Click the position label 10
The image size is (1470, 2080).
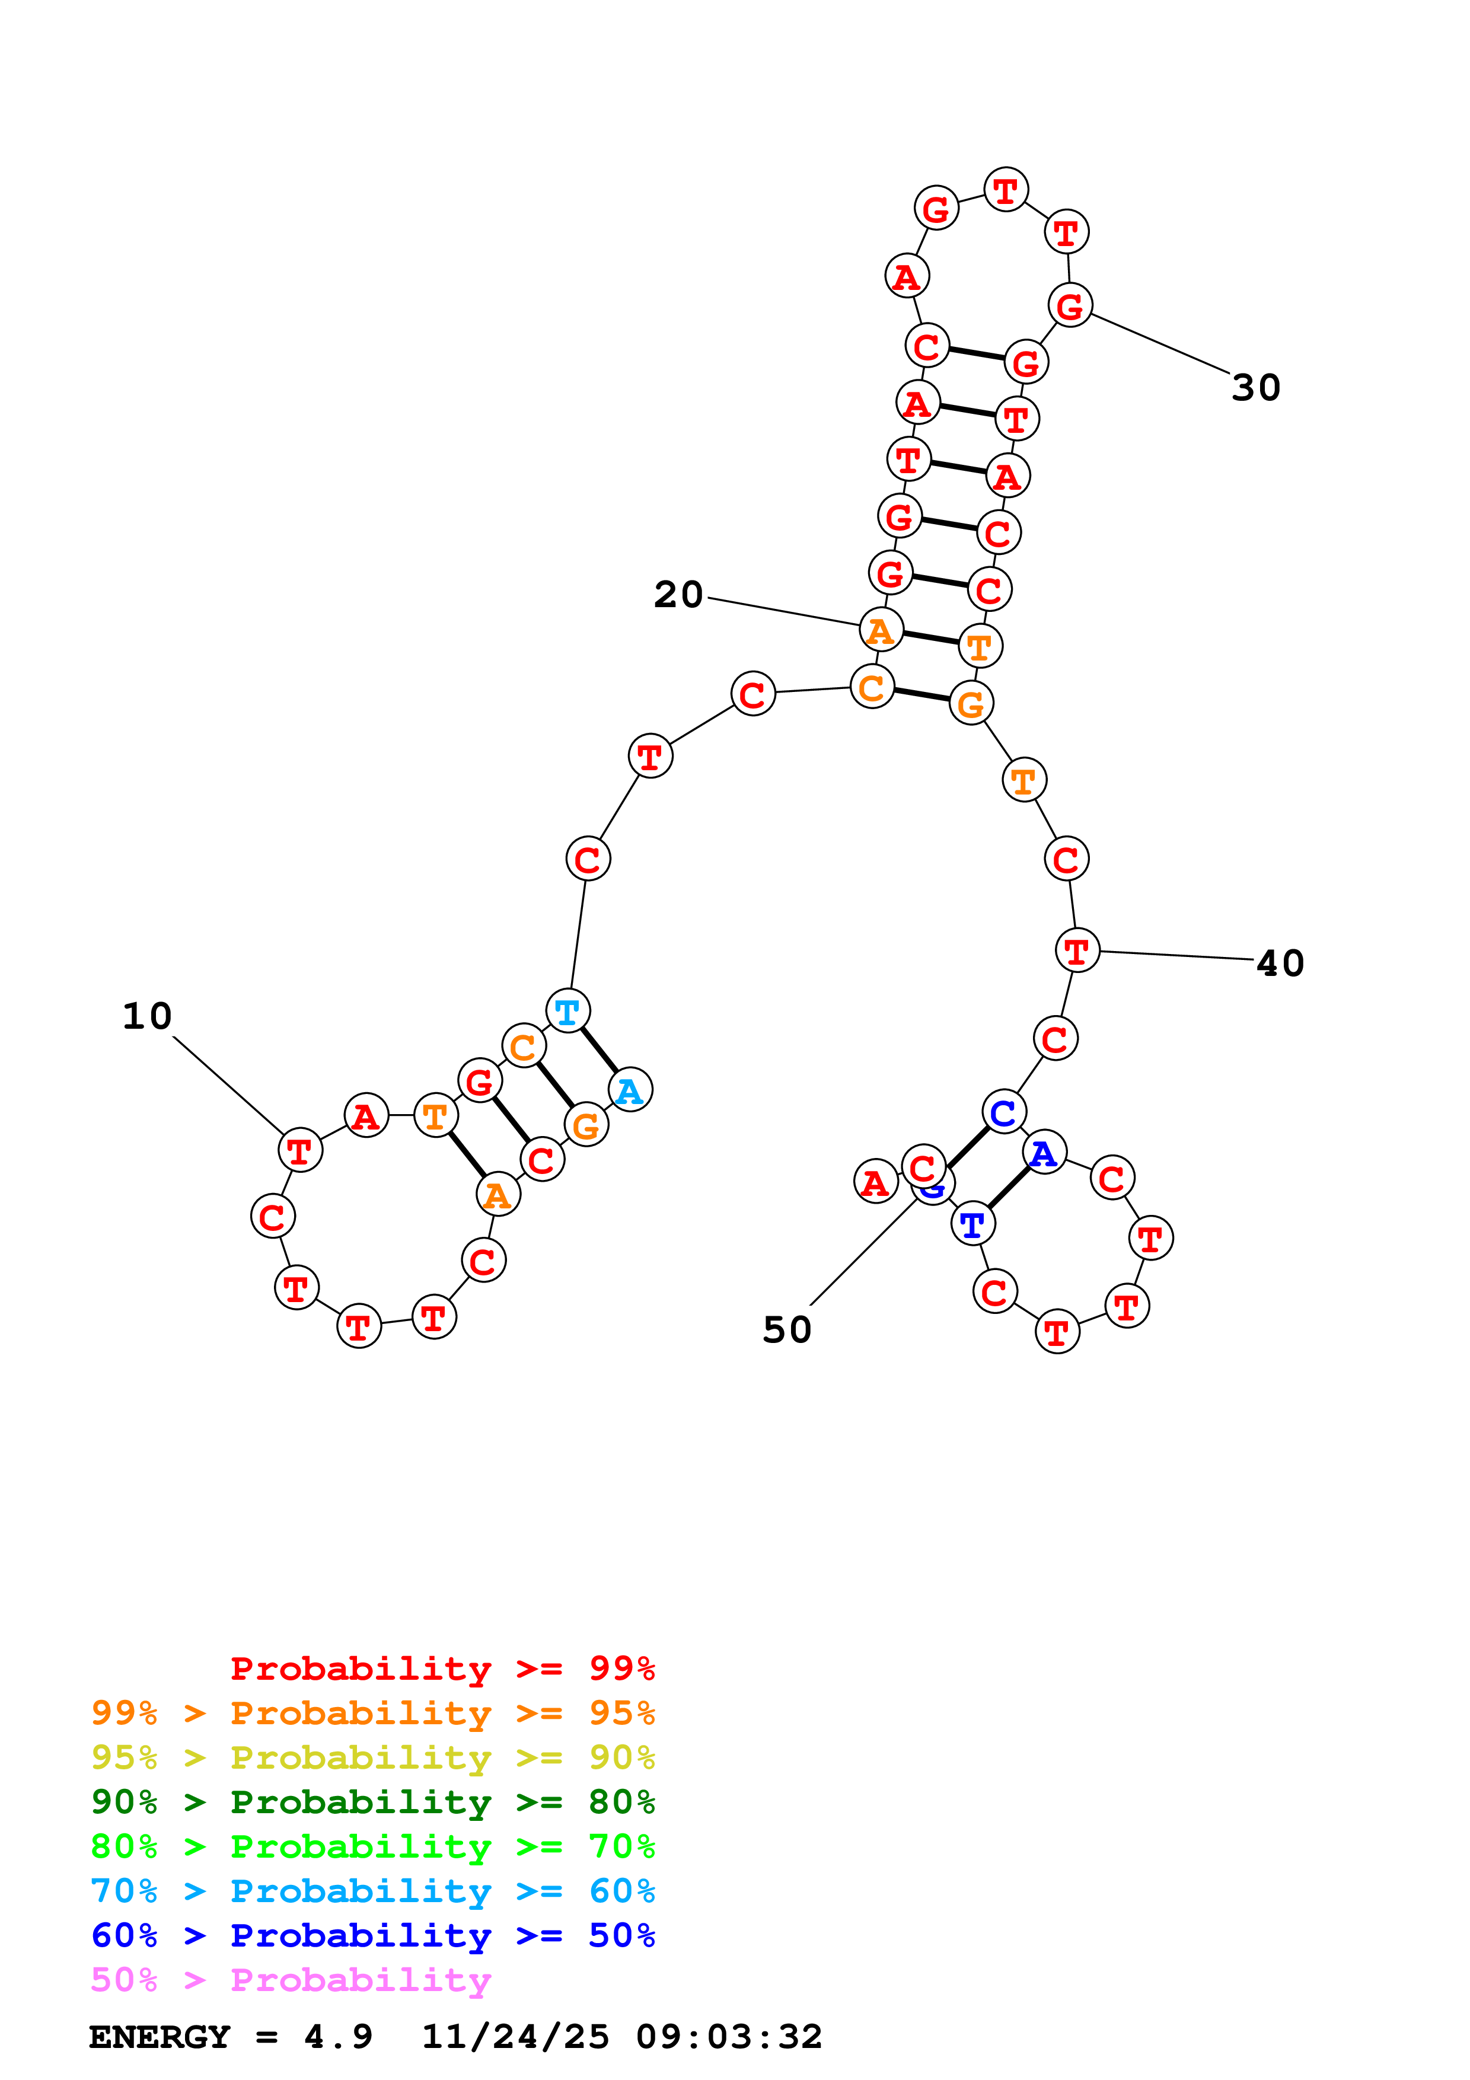click(x=146, y=1016)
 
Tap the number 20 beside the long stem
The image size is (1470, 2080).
click(x=678, y=595)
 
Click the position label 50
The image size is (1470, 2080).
click(x=786, y=1330)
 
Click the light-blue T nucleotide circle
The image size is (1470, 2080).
click(x=568, y=1011)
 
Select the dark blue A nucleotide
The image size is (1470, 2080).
click(x=1044, y=1153)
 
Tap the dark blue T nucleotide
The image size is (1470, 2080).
click(x=972, y=1225)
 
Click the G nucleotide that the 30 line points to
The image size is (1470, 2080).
click(x=1070, y=305)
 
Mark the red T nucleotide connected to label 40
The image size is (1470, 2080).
click(x=1077, y=951)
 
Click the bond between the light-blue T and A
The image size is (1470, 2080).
click(x=600, y=1050)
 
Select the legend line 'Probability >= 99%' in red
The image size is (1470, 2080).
click(x=442, y=1669)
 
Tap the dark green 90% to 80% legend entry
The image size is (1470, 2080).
click(x=372, y=1802)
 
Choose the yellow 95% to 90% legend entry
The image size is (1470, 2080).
click(x=372, y=1757)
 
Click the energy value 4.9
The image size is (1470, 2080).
click(x=338, y=2037)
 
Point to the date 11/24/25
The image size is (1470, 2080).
click(x=515, y=2037)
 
